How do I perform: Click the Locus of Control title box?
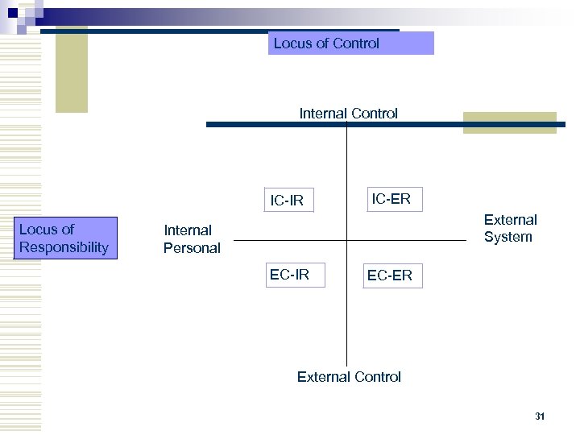pos(350,43)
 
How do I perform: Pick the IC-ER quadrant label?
pos(391,199)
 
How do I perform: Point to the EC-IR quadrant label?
pos(289,275)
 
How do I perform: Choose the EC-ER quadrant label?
pos(389,275)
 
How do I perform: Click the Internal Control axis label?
pos(348,114)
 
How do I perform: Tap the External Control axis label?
pos(349,376)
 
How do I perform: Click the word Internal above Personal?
pos(188,230)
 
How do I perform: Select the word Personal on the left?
pos(192,248)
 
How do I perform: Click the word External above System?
pos(510,219)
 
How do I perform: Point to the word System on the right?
pos(508,237)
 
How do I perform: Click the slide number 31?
pos(540,416)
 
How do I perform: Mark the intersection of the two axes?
pos(346,240)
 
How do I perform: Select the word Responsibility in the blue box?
pos(64,247)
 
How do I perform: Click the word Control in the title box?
pos(355,43)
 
